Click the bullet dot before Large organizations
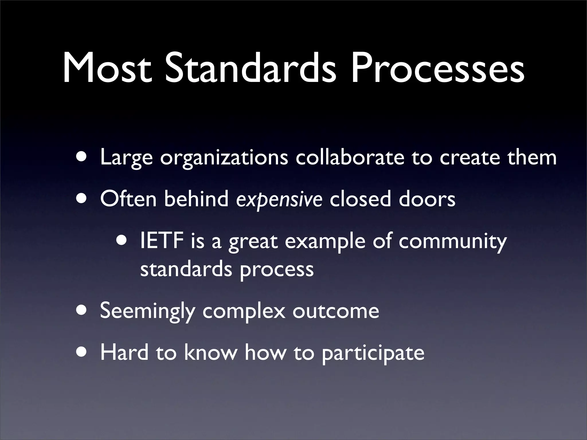pos(82,157)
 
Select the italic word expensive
pos(279,199)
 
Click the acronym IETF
pos(162,241)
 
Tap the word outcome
pos(336,311)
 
